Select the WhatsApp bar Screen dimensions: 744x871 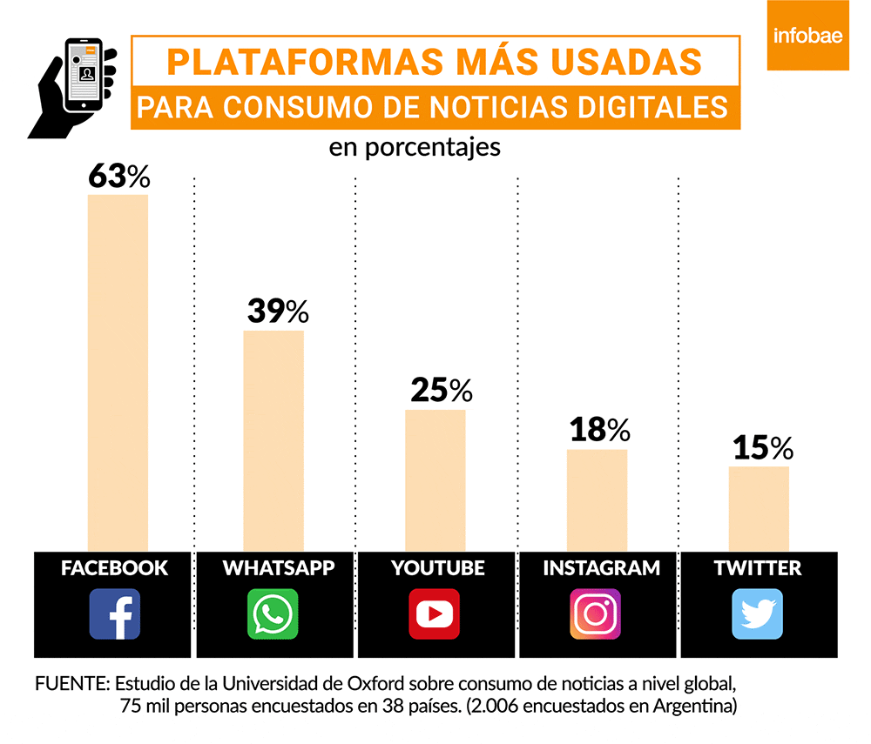coord(273,440)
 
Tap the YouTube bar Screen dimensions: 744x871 coord(435,479)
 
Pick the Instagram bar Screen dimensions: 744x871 coord(597,499)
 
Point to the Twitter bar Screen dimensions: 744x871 coord(759,508)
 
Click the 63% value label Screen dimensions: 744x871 coord(119,176)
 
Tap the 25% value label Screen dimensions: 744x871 coord(440,391)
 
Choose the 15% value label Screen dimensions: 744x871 coord(762,448)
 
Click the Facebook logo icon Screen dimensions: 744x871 coord(114,613)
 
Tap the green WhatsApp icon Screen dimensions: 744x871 coord(273,613)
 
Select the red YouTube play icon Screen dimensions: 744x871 coord(435,613)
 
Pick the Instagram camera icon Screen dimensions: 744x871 coord(596,613)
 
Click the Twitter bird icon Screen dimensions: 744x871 coord(757,613)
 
